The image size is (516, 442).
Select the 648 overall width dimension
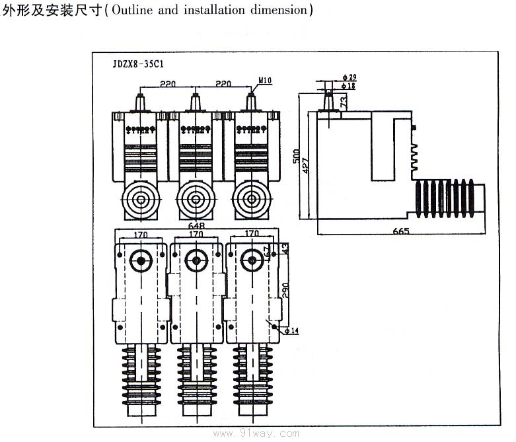click(x=197, y=225)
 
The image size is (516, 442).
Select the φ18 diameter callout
click(x=350, y=86)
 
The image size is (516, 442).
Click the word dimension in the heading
click(x=277, y=11)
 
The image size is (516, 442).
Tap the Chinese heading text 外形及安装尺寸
click(x=50, y=11)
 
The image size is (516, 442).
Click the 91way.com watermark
click(x=270, y=433)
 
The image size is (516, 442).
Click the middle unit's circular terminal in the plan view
click(x=196, y=260)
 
